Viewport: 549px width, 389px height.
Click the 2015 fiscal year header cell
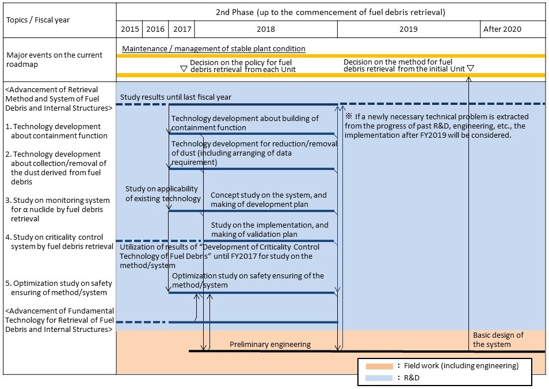tap(129, 29)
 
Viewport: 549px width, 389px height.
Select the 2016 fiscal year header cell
tap(155, 29)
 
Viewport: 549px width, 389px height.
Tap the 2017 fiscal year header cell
tap(182, 29)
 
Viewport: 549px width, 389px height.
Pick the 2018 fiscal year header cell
tap(265, 29)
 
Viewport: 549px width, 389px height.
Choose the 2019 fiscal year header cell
tap(409, 29)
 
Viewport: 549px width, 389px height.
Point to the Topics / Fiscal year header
tap(38, 20)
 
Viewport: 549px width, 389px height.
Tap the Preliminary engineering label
tap(270, 345)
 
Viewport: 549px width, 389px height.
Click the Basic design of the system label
tap(498, 340)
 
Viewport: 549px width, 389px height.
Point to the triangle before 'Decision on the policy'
tap(184, 68)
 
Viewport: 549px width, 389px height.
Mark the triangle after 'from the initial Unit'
tap(470, 68)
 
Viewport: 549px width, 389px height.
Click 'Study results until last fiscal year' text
tap(176, 97)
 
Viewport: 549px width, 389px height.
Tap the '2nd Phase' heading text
tap(330, 12)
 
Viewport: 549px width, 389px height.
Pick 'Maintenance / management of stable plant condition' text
tap(213, 49)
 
